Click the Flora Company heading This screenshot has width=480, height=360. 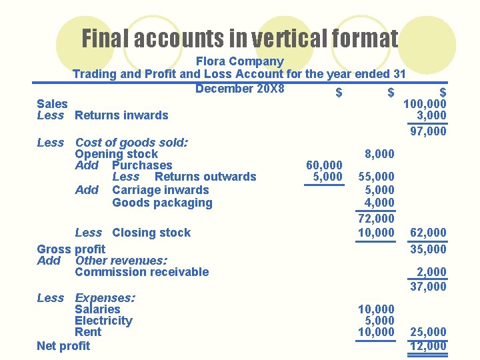point(239,61)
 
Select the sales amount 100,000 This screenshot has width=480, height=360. point(425,104)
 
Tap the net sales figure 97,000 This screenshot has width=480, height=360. point(428,131)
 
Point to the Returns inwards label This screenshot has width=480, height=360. point(121,115)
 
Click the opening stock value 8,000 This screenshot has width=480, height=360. point(380,154)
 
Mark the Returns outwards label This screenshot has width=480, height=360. point(205,177)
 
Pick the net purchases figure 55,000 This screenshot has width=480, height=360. point(376,177)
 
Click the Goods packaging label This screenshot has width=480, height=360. point(162,203)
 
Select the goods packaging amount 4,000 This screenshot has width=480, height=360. point(379,203)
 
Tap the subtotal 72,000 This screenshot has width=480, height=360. point(376,219)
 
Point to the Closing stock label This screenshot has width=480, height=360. point(151,233)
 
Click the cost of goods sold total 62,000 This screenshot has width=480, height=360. point(428,233)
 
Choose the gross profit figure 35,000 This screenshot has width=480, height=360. point(428,249)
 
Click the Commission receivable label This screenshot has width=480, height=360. point(142,272)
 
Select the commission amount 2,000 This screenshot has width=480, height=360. point(431,272)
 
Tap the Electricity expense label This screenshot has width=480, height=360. point(103,321)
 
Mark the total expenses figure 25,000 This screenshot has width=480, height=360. point(428,332)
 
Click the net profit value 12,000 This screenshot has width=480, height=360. point(428,345)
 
